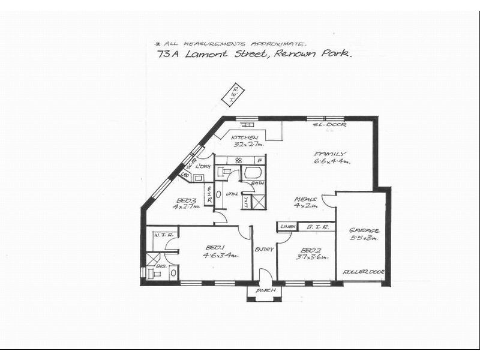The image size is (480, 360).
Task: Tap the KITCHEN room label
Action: (x=244, y=137)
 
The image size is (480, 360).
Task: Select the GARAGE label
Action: (x=364, y=230)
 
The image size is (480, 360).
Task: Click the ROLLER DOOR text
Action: (x=363, y=272)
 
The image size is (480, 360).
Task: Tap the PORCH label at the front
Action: (x=265, y=290)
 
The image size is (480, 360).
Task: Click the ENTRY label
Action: (x=264, y=249)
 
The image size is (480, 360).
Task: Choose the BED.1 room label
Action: (x=215, y=247)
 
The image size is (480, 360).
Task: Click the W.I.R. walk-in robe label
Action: (x=163, y=235)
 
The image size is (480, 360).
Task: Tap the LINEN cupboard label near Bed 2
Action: (x=287, y=227)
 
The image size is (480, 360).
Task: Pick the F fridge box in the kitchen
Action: (x=259, y=160)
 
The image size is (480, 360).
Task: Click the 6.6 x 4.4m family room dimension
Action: (x=332, y=161)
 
